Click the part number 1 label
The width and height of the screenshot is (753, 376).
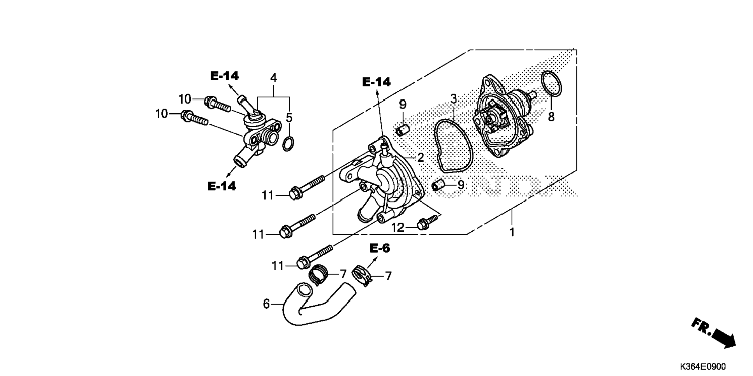coord(512,232)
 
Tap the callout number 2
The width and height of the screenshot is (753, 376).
coord(420,158)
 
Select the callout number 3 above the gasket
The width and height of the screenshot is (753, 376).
coord(454,99)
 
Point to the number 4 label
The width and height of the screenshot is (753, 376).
coord(274,78)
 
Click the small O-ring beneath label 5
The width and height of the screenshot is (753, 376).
coord(288,144)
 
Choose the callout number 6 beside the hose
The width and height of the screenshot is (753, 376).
coord(266,304)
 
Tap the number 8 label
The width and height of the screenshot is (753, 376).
coord(551,116)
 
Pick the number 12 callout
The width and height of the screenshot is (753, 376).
coord(398,227)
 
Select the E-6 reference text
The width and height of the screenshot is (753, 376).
coord(380,248)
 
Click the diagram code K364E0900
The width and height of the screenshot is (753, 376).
coord(703,366)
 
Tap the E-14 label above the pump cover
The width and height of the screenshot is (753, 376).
coord(376,82)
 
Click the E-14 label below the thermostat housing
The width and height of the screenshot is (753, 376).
coord(222,186)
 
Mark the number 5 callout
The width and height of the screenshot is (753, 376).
coord(289,118)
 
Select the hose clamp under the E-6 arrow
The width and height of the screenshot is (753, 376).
coord(361,276)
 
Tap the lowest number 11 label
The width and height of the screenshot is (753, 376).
coord(278,266)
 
